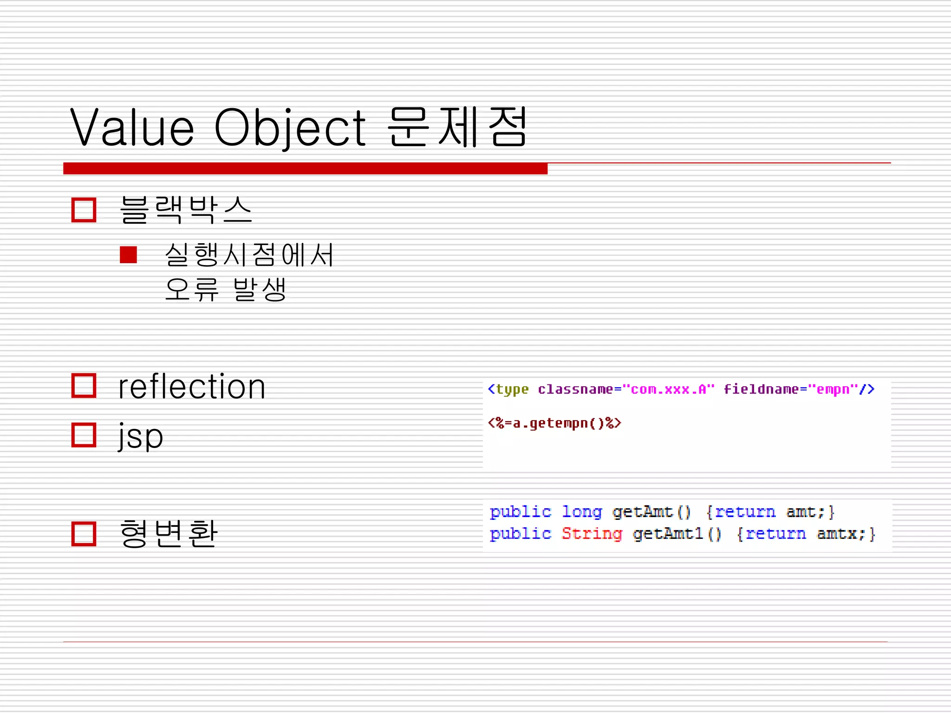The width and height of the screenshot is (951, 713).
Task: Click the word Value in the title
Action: click(132, 128)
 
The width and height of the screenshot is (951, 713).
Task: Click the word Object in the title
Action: click(290, 128)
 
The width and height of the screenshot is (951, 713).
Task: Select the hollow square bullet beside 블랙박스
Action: click(84, 210)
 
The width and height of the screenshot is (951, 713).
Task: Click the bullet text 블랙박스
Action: click(186, 210)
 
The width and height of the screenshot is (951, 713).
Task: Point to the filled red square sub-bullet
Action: click(128, 255)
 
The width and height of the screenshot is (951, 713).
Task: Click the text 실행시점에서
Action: click(249, 255)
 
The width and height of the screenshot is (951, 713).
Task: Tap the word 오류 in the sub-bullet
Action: click(191, 290)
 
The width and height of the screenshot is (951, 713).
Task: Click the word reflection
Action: click(191, 387)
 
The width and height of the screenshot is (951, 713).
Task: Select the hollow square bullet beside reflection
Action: click(84, 386)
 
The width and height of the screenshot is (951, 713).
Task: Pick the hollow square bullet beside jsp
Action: click(84, 435)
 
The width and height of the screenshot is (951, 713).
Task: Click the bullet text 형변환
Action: click(168, 533)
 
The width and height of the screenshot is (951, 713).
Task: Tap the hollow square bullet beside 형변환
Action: click(84, 534)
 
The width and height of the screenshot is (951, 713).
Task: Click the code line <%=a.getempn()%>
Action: click(554, 423)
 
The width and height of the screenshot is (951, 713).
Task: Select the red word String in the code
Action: click(592, 534)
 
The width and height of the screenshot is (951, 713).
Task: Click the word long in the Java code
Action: click(582, 512)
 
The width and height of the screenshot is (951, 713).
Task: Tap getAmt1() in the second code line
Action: click(677, 534)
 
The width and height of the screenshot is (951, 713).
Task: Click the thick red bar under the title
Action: click(305, 169)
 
